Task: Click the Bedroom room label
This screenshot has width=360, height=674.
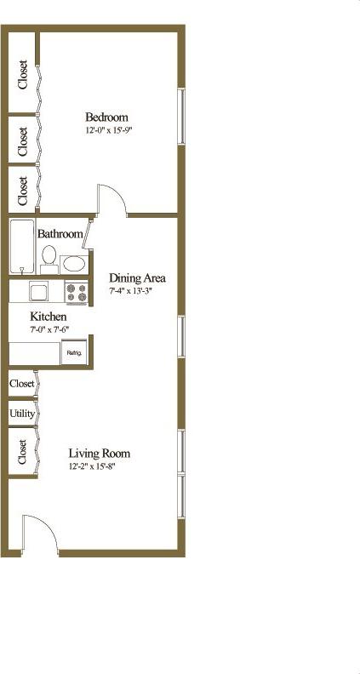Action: coord(106,117)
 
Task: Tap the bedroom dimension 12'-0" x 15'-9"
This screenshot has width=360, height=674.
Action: coord(109,130)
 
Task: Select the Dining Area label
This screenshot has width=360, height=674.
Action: coord(137,277)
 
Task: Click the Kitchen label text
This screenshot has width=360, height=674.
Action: coord(49,317)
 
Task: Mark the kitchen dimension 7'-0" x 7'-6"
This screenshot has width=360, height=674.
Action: coord(49,329)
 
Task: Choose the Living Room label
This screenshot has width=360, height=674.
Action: coord(99,453)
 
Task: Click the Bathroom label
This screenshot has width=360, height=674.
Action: coord(60,234)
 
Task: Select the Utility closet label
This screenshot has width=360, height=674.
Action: coord(22,414)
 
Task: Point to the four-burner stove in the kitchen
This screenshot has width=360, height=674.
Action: coord(77,293)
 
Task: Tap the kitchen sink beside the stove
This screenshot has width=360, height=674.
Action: coord(38,292)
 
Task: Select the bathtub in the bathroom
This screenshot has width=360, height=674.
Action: coord(21,247)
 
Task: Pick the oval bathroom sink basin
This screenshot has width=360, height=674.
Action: coord(74,263)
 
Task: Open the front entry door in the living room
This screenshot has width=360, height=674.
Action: coord(39,533)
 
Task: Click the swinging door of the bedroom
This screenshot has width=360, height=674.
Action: coord(111,201)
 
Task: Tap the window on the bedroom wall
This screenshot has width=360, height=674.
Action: coord(180,115)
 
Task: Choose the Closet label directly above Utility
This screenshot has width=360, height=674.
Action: coord(22,384)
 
